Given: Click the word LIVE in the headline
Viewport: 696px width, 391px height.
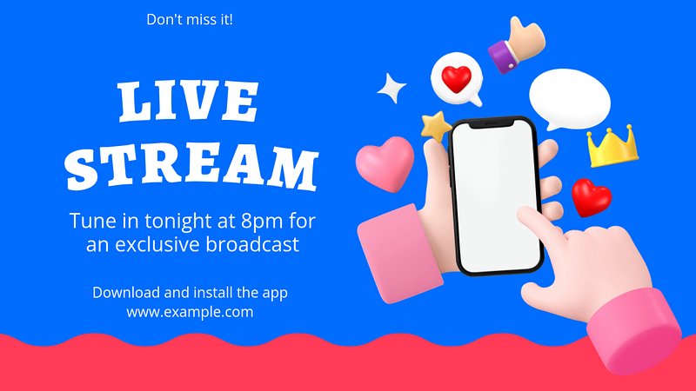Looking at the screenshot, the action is click(x=188, y=101).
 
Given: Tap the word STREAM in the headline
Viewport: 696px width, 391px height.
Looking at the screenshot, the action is click(x=191, y=167).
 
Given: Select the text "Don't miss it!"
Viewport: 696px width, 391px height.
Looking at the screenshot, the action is click(x=190, y=19).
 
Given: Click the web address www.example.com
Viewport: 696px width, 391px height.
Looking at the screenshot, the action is click(x=190, y=312).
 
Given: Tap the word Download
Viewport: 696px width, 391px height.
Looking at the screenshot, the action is click(x=126, y=293).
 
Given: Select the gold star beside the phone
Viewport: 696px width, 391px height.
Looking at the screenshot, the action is click(x=436, y=126).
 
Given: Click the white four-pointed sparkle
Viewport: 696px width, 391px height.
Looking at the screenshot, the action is click(x=391, y=89).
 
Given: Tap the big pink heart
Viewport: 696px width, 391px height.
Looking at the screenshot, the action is click(x=385, y=163).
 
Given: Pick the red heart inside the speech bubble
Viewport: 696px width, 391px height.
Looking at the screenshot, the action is click(x=456, y=79).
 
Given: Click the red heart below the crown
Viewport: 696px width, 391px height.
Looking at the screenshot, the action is click(x=591, y=197).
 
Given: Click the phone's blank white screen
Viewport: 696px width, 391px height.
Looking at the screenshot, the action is click(x=496, y=197).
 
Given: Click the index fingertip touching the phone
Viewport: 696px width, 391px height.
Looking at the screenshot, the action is click(x=526, y=214).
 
